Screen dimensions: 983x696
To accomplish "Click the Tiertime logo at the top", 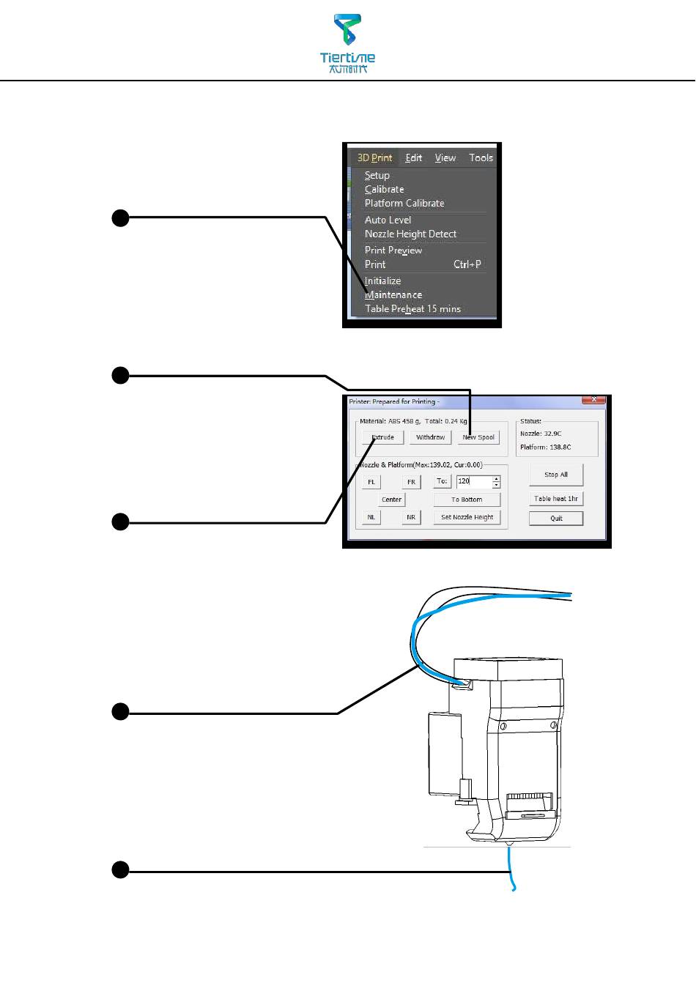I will point(348,43).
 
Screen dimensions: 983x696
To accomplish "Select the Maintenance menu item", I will point(393,295).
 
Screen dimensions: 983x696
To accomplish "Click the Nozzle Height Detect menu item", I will point(410,234).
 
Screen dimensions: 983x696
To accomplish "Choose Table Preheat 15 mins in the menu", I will point(412,309).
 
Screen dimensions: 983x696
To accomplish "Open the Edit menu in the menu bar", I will point(414,157).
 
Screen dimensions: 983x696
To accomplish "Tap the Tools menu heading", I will point(481,157).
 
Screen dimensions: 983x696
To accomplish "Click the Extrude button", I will point(382,437).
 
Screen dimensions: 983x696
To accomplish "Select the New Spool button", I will point(478,437).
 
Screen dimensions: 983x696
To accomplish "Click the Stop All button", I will point(556,475).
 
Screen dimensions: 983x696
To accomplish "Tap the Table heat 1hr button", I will point(556,499).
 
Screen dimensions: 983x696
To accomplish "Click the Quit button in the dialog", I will point(556,519).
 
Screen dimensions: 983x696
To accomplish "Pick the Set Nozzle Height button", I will point(467,517).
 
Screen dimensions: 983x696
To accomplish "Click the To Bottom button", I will point(467,500).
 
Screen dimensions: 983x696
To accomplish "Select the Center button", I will point(391,500).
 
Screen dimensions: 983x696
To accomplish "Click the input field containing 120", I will point(473,481).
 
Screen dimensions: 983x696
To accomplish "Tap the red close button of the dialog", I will point(593,400).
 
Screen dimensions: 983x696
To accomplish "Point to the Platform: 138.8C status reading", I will point(545,447).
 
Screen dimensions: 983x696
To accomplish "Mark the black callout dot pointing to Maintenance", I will point(120,217).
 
